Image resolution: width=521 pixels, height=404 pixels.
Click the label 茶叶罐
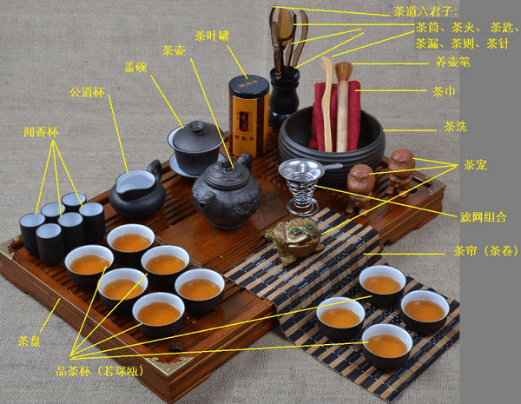tap(212, 36)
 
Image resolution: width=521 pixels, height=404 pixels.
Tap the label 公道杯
tap(87, 92)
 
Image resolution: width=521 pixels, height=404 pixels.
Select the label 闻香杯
tap(41, 132)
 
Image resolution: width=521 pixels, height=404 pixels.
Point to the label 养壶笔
tap(453, 63)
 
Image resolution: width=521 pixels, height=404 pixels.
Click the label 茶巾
tap(444, 91)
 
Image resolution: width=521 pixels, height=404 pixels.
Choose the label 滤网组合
tap(484, 217)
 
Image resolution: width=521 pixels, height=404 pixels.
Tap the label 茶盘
tap(30, 341)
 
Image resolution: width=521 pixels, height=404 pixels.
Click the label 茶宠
tap(475, 165)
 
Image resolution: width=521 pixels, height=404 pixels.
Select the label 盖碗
tap(135, 68)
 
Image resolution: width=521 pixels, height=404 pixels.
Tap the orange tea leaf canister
tap(249, 115)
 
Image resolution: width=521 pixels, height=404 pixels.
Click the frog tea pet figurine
tap(294, 240)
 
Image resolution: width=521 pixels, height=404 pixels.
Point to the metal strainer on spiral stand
tap(301, 186)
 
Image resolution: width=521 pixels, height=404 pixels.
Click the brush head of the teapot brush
tap(344, 70)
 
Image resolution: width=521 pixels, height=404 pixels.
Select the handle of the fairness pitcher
tap(155, 170)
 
